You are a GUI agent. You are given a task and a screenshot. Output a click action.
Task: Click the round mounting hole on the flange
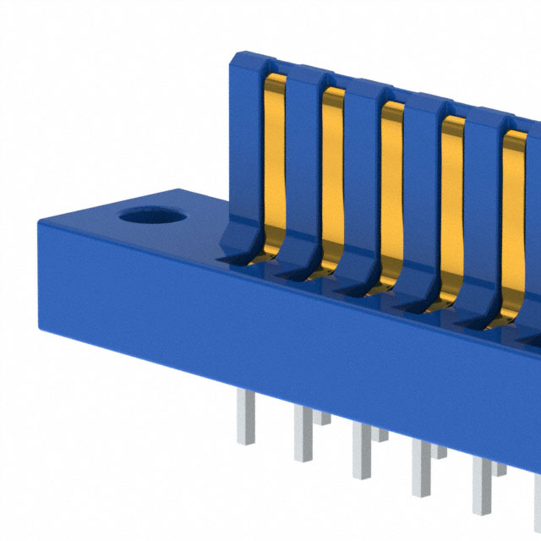point(151,216)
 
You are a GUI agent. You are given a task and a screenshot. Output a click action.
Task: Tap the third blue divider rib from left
point(362,178)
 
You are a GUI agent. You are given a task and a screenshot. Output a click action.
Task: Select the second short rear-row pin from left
point(380,434)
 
